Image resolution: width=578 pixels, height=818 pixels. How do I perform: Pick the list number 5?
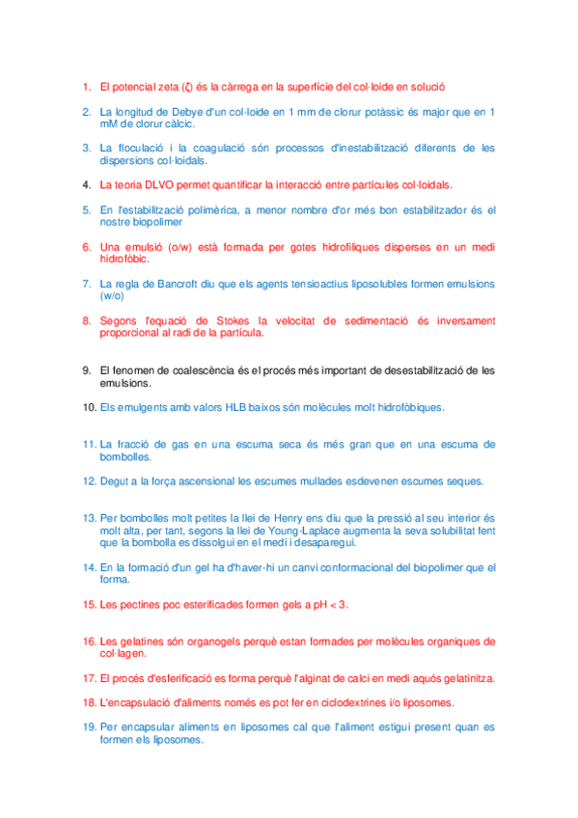click(86, 209)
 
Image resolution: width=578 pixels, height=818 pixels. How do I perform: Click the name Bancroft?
click(187, 284)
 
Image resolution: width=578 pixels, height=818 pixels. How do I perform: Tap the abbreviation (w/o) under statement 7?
click(113, 296)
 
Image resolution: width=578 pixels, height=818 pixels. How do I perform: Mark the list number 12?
click(89, 480)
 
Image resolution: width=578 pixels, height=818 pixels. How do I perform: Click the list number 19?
click(89, 727)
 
